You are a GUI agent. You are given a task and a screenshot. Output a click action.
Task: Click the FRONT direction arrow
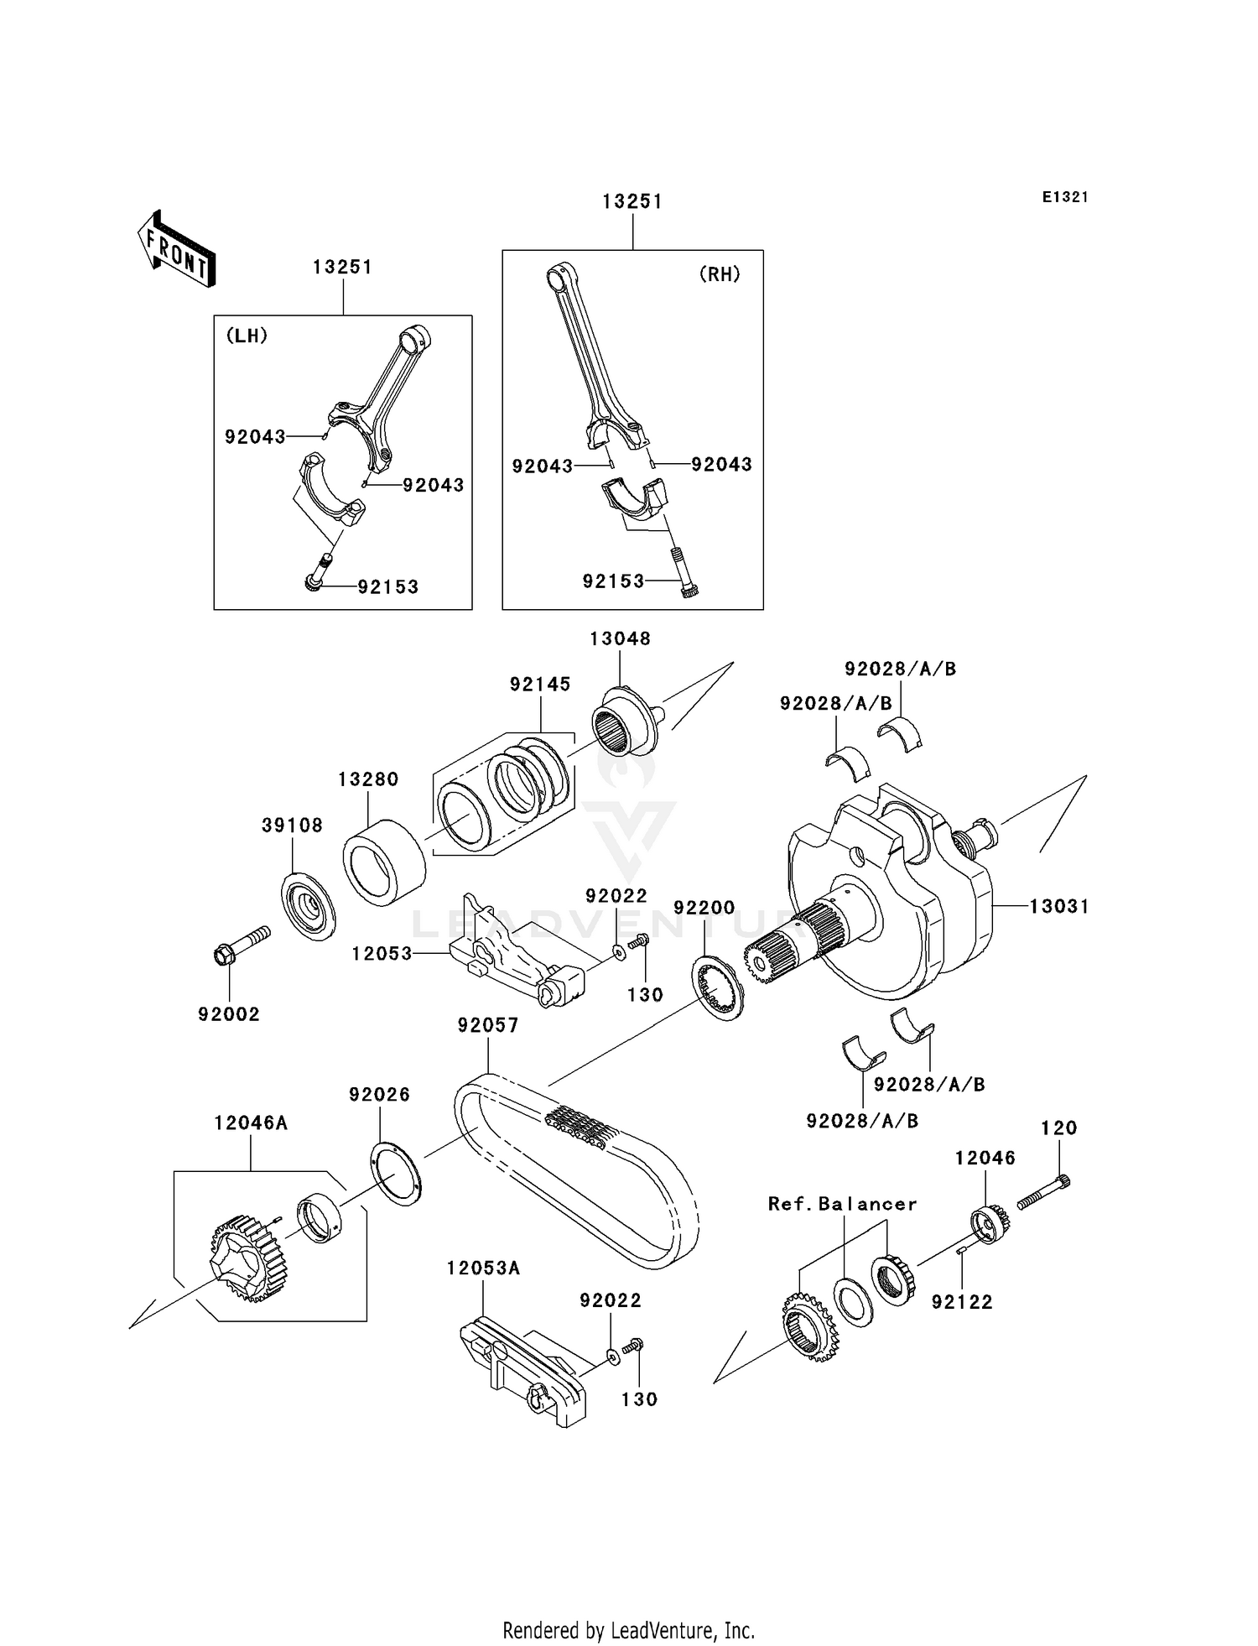[x=177, y=250]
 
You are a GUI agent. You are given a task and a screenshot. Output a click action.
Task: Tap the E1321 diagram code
[x=1065, y=197]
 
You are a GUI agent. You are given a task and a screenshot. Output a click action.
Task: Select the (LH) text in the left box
[x=247, y=336]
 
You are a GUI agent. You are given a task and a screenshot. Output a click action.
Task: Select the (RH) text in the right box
[x=720, y=274]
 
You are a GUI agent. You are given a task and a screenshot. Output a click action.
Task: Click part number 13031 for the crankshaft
[x=1059, y=906]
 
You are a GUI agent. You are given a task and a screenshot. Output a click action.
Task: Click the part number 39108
[x=292, y=826]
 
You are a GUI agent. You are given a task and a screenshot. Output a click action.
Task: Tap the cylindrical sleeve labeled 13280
[x=383, y=862]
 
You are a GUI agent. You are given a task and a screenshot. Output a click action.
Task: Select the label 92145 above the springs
[x=540, y=685]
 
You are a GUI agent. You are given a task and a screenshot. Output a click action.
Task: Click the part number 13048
[x=620, y=638]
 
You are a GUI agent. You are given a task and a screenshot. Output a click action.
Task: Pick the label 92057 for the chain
[x=488, y=1025]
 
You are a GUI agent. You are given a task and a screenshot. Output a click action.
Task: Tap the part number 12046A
[x=251, y=1123]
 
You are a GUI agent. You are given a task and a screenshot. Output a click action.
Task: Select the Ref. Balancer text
[x=843, y=1204]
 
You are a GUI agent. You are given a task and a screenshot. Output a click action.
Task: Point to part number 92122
[x=962, y=1302]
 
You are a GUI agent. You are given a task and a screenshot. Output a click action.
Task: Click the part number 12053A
[x=483, y=1268]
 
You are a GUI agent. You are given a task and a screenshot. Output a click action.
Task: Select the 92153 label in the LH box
[x=387, y=587]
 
